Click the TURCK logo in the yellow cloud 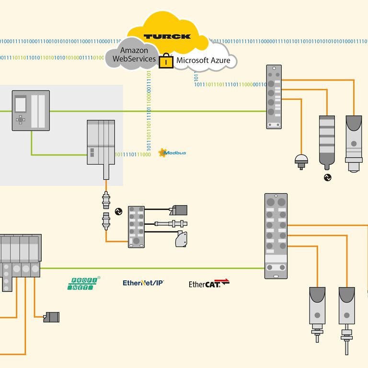[x=167, y=36]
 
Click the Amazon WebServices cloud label [x=134, y=54]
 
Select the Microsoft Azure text [x=203, y=60]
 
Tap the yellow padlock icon [x=166, y=60]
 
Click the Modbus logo [x=172, y=153]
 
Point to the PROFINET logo [x=84, y=283]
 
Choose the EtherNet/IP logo [x=143, y=283]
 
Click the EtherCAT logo [x=209, y=284]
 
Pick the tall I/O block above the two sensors [x=276, y=236]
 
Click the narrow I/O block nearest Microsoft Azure [x=274, y=97]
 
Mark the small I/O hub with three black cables [x=136, y=227]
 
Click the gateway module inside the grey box [x=101, y=142]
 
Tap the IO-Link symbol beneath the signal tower [x=328, y=177]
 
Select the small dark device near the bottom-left [x=51, y=317]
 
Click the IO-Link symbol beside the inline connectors [x=118, y=211]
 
